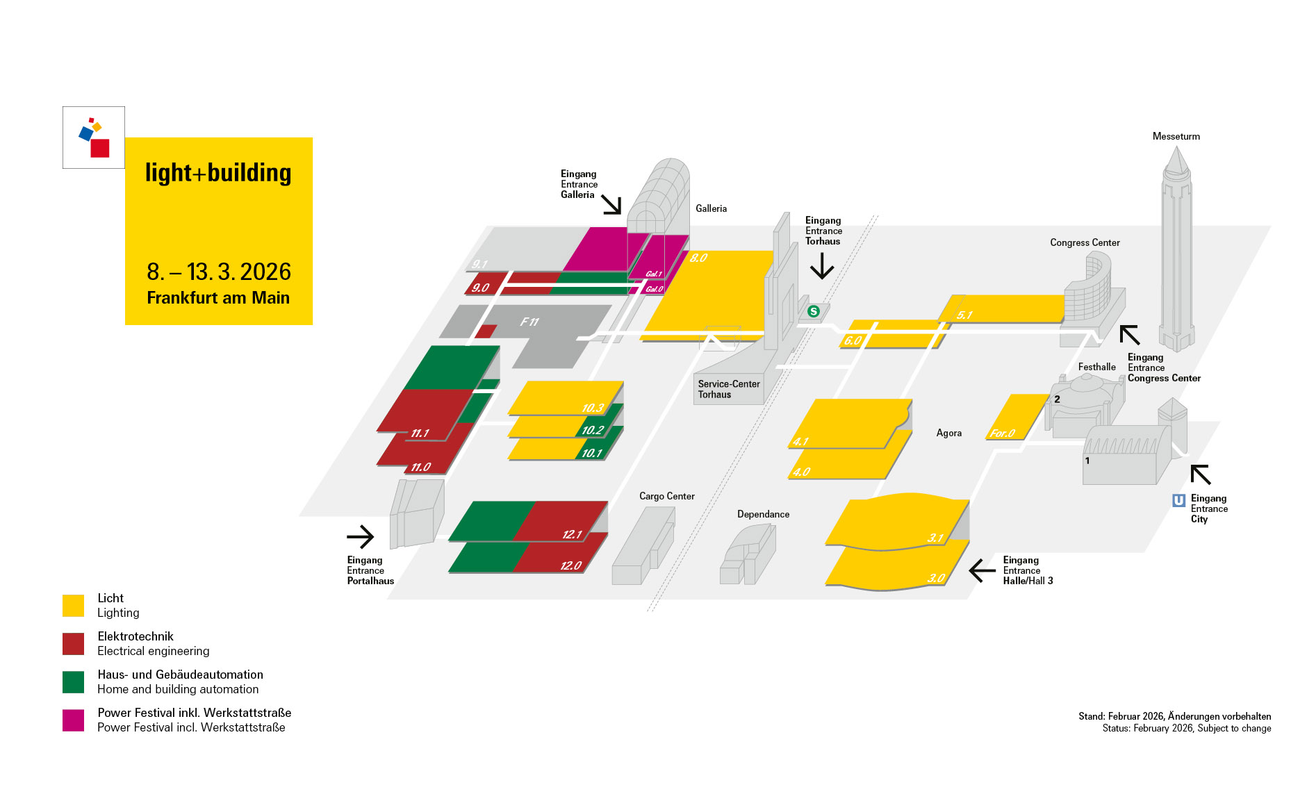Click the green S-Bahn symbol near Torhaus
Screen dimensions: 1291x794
click(x=814, y=311)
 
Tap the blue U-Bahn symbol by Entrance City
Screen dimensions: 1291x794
click(x=1178, y=500)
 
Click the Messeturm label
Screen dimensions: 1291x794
click(x=1176, y=136)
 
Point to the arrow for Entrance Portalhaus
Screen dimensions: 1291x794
click(x=361, y=536)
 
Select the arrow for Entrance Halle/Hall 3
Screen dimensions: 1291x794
click(x=982, y=570)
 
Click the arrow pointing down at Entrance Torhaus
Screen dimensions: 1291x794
click(x=822, y=266)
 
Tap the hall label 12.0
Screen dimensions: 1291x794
click(x=571, y=565)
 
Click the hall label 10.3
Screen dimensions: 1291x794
click(x=593, y=408)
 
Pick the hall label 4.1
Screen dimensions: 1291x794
click(x=800, y=441)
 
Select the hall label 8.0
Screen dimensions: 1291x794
click(x=698, y=258)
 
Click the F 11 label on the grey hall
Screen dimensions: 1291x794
click(x=529, y=322)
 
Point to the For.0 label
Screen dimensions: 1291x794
click(x=1003, y=433)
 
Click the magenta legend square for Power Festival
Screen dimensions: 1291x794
click(x=73, y=720)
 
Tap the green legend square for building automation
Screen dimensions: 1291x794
click(x=73, y=681)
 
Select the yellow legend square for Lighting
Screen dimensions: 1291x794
click(x=73, y=605)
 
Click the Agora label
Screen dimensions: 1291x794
click(x=948, y=433)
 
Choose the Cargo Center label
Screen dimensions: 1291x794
click(x=666, y=496)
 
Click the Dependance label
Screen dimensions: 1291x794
click(x=763, y=514)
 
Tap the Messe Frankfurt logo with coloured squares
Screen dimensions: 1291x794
click(x=94, y=138)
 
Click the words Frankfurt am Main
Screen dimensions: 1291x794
click(x=218, y=297)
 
